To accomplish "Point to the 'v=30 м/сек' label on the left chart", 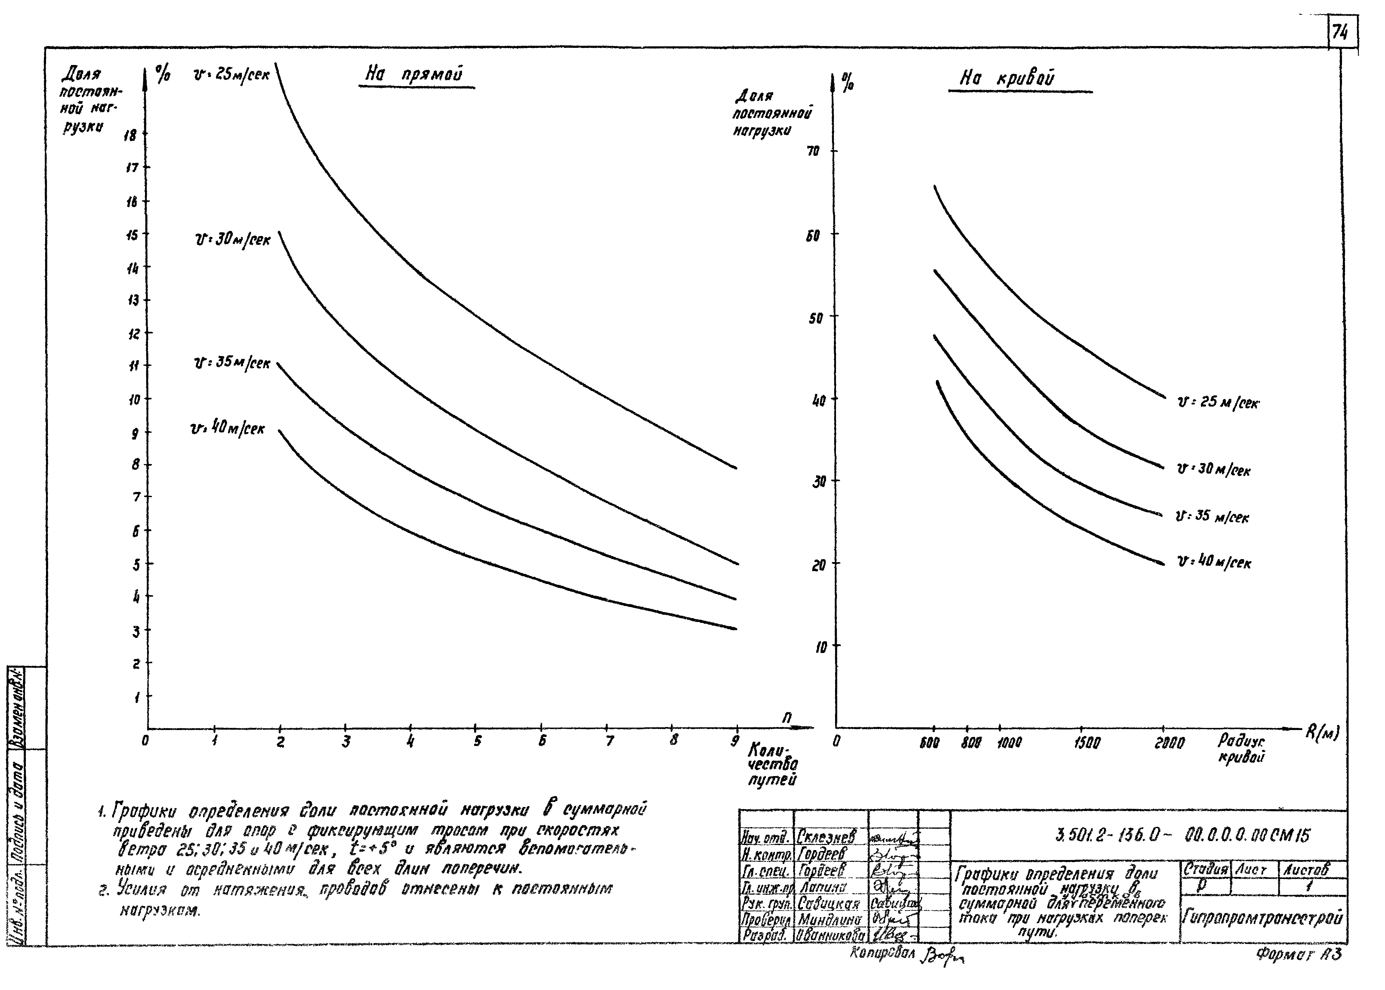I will coord(232,240).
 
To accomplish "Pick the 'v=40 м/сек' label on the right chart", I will coord(1214,562).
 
